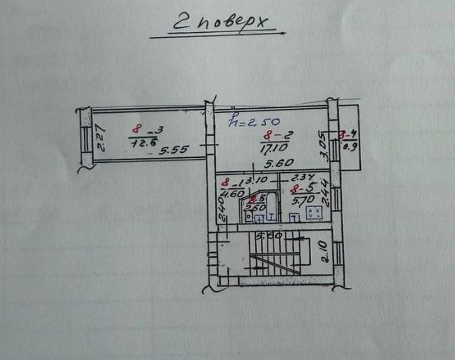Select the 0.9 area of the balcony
(x=350, y=146)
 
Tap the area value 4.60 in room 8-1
(x=231, y=193)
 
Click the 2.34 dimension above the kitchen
(x=300, y=178)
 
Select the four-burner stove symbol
(x=314, y=212)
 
